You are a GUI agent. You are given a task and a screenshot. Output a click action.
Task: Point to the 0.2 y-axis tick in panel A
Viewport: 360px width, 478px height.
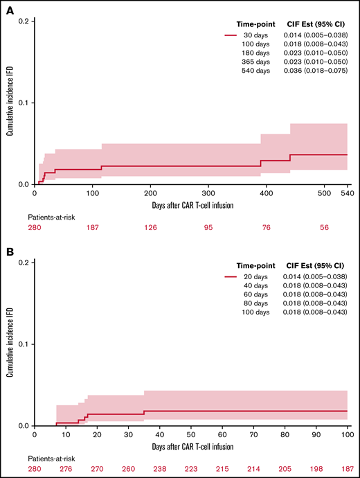(x=23, y=21)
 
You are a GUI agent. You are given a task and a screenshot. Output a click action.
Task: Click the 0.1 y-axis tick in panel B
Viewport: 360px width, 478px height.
(x=23, y=344)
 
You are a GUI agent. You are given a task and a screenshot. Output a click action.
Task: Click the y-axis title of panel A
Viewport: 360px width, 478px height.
(x=10, y=104)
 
